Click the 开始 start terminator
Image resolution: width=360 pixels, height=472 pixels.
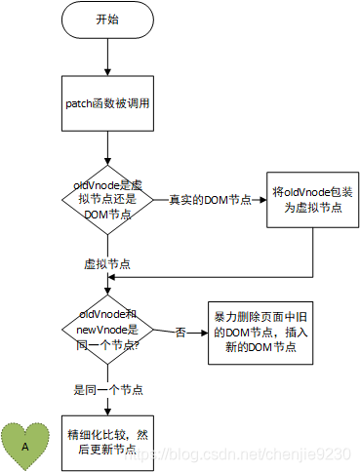107,20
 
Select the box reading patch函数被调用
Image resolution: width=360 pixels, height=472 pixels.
107,103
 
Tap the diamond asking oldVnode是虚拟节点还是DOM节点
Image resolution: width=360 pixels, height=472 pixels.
107,200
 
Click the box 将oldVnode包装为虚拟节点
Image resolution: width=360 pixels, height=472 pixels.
313,200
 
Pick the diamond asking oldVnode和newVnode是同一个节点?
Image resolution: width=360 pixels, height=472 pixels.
107,330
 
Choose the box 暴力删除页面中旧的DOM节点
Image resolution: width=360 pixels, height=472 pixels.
260,333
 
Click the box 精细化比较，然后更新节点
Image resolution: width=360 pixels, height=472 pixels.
107,443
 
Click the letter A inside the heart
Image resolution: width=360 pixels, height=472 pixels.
25,447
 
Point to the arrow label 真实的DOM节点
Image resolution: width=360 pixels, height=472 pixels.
210,200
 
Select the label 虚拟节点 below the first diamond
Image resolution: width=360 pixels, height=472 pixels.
107,264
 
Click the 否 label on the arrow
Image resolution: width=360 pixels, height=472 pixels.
180,333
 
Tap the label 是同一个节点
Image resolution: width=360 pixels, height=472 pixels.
108,389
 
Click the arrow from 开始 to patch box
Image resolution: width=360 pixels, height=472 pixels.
107,57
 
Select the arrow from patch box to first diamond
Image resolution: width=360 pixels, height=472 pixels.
107,148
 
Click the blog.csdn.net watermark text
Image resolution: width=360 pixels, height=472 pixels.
238,453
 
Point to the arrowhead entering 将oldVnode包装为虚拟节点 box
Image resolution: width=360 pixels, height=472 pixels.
263,200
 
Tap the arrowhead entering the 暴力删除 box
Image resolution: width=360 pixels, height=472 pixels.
205,333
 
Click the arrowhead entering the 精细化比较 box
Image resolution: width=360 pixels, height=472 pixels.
107,412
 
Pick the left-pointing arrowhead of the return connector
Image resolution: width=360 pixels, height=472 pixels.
111,277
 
